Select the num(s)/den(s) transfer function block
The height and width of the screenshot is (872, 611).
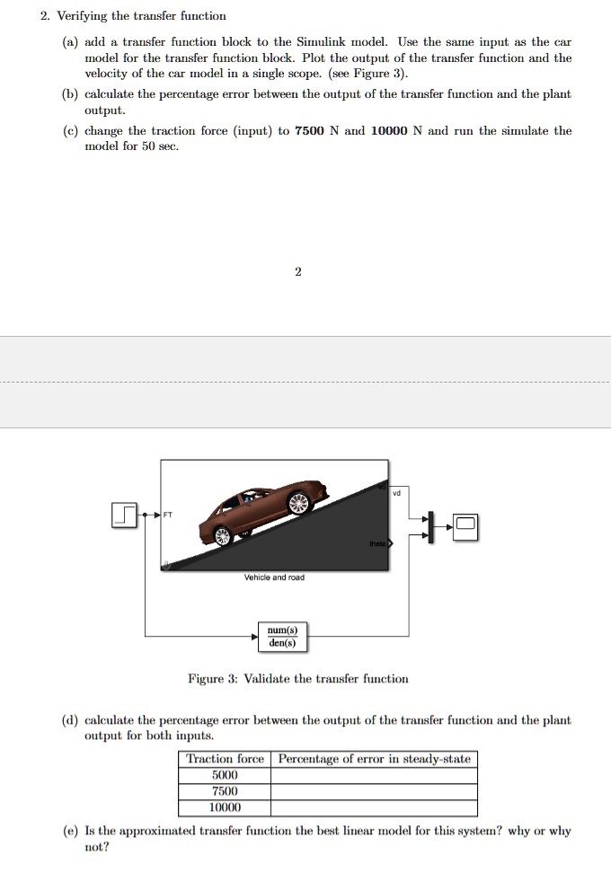282,637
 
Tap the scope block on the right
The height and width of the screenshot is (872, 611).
466,525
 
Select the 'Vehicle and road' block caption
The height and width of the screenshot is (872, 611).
274,577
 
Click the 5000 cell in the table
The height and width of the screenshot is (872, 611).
225,775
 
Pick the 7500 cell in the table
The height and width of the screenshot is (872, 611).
225,791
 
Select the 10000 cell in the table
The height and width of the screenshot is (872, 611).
225,807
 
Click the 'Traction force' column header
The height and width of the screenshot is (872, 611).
225,759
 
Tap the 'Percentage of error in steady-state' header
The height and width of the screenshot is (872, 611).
374,759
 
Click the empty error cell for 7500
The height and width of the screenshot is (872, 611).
374,791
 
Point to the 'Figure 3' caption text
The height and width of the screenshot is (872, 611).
297,679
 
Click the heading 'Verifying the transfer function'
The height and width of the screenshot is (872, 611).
141,16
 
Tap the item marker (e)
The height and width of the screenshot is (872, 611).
68,831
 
